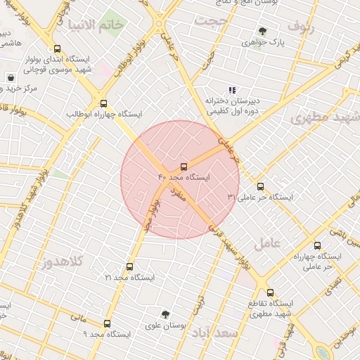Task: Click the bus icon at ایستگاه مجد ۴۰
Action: (x=184, y=167)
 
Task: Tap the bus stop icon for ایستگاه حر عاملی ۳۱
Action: (x=260, y=186)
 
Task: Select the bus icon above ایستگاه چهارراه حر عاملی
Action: (x=317, y=245)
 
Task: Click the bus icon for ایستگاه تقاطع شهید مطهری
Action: (x=269, y=292)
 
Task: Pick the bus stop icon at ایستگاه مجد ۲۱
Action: (x=129, y=266)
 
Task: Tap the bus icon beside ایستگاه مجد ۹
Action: (x=107, y=323)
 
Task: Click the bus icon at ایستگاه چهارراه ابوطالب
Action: (x=103, y=103)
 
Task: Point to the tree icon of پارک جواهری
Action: (x=262, y=31)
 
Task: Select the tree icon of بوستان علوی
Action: (x=165, y=314)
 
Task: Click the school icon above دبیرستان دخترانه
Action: (x=231, y=89)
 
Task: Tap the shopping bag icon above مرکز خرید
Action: (x=11, y=77)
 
